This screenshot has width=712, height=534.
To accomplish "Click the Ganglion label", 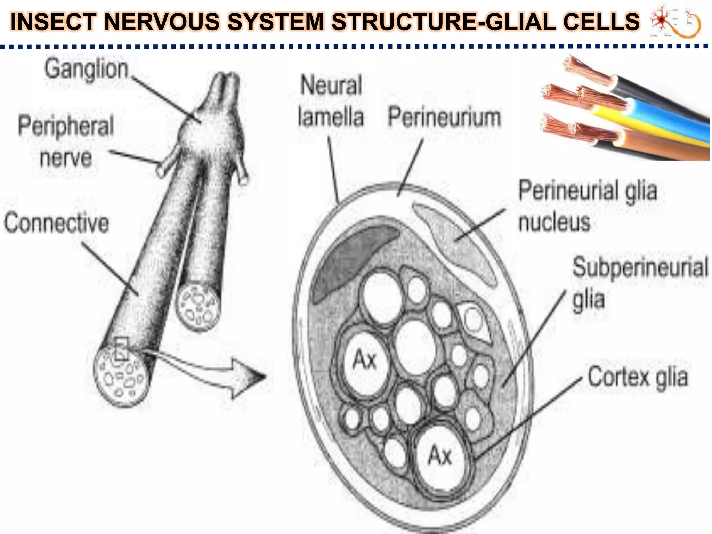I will pyautogui.click(x=86, y=70).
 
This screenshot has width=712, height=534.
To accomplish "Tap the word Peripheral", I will pyautogui.click(x=66, y=126).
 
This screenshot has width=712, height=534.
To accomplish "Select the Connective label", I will pyautogui.click(x=56, y=223).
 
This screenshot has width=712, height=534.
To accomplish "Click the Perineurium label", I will pyautogui.click(x=444, y=117).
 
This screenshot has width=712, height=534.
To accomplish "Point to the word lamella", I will pyautogui.click(x=331, y=117).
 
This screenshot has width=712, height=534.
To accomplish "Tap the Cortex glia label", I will pyautogui.click(x=637, y=377).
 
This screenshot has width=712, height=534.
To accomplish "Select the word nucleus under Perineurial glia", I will pyautogui.click(x=554, y=222).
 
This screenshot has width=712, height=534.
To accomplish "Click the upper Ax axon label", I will pyautogui.click(x=364, y=360).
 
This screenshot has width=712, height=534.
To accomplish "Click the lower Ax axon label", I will pyautogui.click(x=440, y=455).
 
